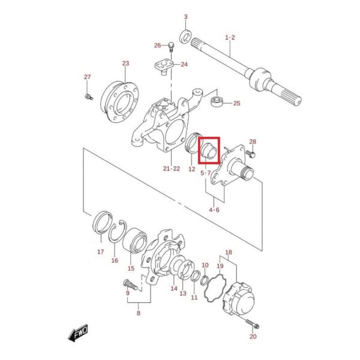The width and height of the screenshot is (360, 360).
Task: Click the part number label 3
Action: click(186, 17)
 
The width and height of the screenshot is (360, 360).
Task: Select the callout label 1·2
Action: click(230, 37)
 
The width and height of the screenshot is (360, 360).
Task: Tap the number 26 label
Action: click(157, 46)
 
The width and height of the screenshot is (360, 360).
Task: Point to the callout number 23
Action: click(125, 63)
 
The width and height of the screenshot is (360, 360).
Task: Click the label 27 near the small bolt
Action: click(87, 77)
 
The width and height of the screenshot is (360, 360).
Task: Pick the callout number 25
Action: click(237, 103)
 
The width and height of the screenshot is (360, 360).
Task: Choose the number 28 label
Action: click(253, 142)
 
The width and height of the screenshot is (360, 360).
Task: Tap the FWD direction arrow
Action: click(78, 333)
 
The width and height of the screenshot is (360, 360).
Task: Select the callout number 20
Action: click(253, 337)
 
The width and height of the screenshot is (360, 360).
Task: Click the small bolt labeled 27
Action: click(89, 97)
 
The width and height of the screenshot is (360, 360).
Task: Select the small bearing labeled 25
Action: click(216, 101)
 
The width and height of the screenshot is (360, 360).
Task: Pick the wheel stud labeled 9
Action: click(130, 284)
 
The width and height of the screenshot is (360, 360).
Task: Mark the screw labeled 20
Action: click(252, 324)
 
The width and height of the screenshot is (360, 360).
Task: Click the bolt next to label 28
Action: click(250, 154)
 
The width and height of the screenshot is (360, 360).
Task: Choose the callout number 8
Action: click(139, 313)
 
